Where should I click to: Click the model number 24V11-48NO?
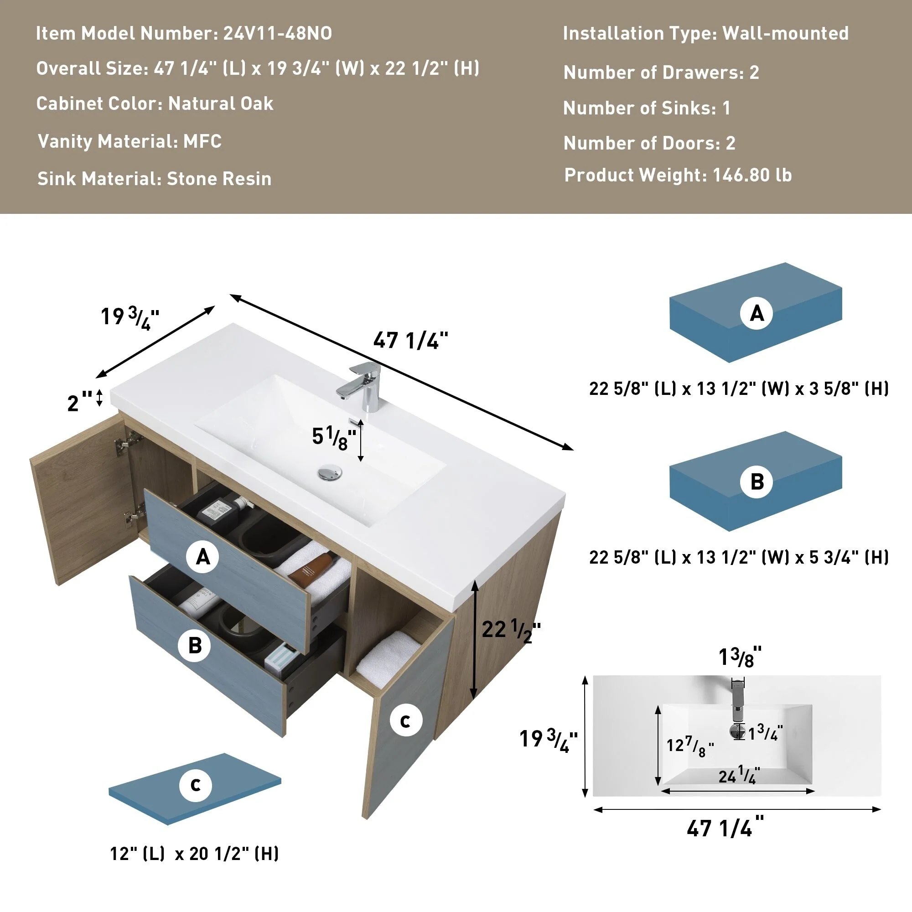[277, 33]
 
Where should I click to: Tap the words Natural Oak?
[220, 104]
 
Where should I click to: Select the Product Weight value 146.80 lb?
[751, 175]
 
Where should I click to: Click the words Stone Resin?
[219, 179]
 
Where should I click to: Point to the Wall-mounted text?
[785, 33]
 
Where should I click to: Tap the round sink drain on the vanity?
[330, 472]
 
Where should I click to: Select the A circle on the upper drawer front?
[202, 557]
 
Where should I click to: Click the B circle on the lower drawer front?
[195, 645]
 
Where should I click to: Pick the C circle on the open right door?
[405, 720]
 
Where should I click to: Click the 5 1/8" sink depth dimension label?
[334, 438]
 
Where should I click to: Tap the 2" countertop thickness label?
[79, 402]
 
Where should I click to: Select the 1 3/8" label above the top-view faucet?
[739, 658]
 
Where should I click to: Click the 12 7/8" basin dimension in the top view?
[689, 747]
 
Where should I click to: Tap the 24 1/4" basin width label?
[739, 776]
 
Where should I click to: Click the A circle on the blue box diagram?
[756, 313]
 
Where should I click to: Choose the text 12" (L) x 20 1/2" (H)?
[194, 854]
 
